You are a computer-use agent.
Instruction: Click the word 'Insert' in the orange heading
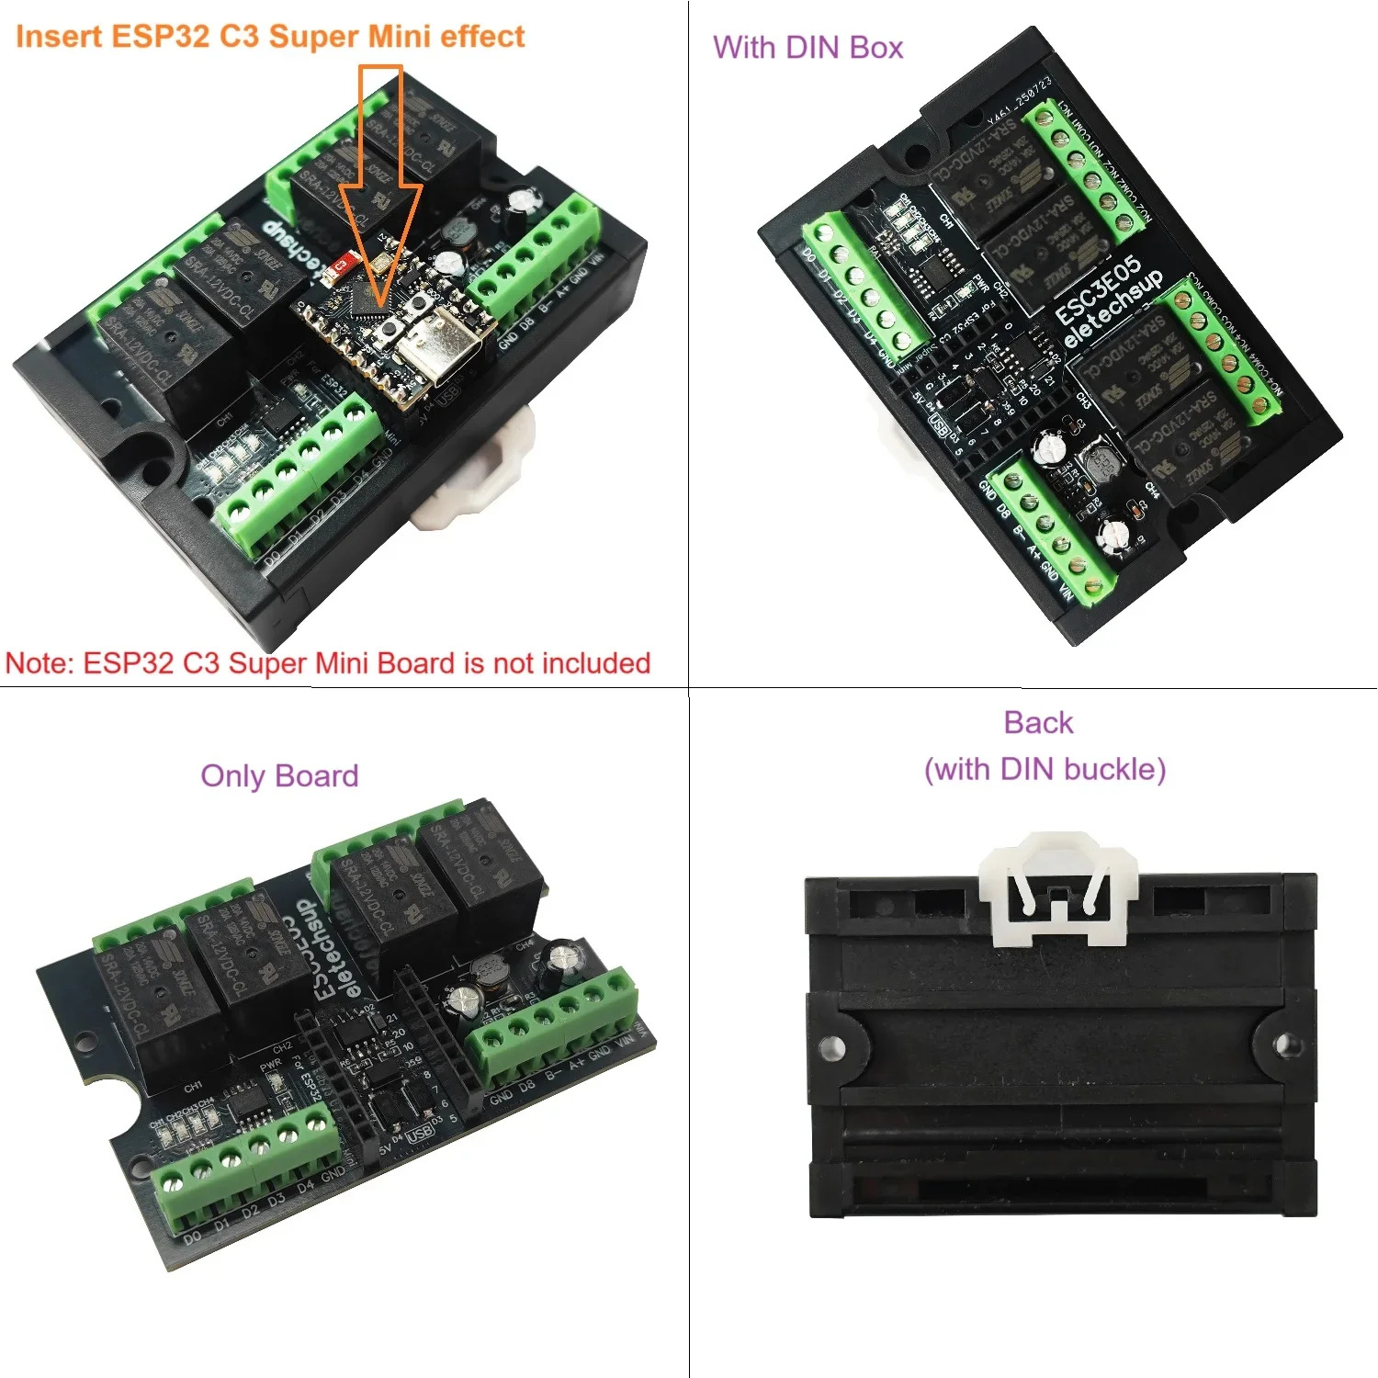59,37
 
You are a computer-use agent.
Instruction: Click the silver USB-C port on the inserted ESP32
445,348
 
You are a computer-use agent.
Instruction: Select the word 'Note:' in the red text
40,663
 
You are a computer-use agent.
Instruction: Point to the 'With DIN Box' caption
808,48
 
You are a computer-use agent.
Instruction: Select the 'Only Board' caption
279,776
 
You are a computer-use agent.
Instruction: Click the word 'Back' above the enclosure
1038,723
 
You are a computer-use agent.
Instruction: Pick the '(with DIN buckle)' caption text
1045,769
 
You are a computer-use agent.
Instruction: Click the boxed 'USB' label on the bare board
419,1134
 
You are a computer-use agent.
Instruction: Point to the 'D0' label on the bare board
192,1238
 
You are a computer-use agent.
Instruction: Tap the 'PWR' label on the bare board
270,1067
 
